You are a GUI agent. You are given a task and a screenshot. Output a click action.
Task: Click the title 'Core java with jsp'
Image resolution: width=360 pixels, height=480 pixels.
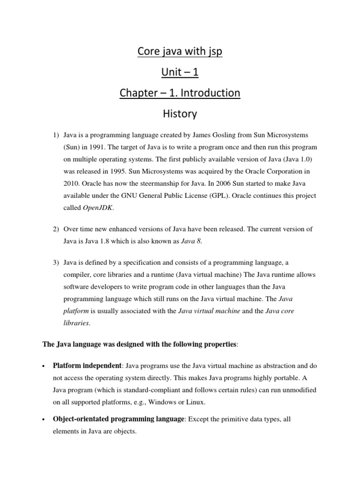pos(180,52)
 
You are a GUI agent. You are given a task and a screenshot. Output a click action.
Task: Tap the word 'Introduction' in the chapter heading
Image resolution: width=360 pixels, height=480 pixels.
pos(210,93)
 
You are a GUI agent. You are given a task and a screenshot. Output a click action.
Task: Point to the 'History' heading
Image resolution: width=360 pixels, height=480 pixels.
pos(180,113)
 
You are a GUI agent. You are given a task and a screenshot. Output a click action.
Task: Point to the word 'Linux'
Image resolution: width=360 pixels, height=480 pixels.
pos(195,402)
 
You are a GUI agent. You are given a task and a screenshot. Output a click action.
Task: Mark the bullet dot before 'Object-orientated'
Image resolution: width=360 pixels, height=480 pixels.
pos(43,420)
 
